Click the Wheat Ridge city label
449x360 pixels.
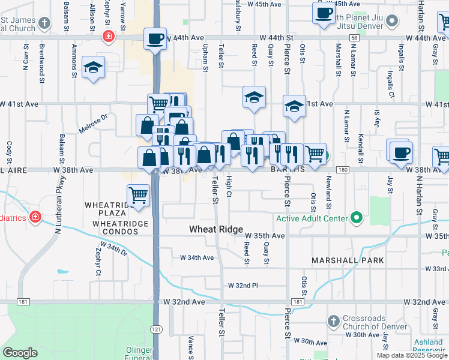pyautogui.click(x=216, y=229)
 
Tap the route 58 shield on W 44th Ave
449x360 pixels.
pyautogui.click(x=355, y=37)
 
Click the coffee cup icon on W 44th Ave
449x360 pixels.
pyautogui.click(x=155, y=39)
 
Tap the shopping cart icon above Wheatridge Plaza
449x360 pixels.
pyautogui.click(x=138, y=196)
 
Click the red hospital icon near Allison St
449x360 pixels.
pyautogui.click(x=108, y=36)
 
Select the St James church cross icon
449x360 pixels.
pyautogui.click(x=44, y=24)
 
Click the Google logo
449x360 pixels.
pyautogui.click(x=20, y=353)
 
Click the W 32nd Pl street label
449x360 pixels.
pyautogui.click(x=243, y=286)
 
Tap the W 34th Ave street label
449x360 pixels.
pyautogui.click(x=197, y=257)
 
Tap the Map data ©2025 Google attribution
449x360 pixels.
pyautogui.click(x=412, y=355)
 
